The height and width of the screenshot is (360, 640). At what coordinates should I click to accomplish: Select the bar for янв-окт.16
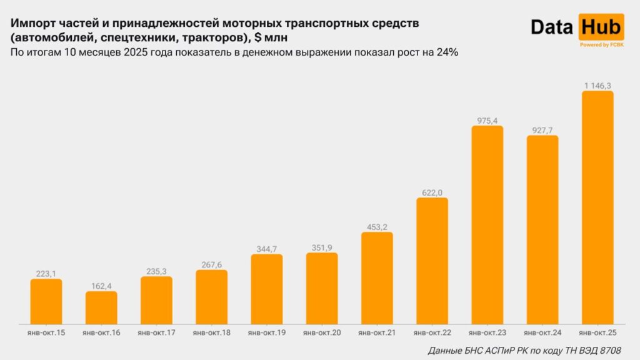[101, 307]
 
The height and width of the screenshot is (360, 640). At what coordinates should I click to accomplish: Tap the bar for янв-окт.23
[487, 225]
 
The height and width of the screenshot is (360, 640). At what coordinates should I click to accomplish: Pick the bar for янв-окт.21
[377, 278]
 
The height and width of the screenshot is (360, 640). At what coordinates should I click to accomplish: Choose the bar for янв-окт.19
[267, 289]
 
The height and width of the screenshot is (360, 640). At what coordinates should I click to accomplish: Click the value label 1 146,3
[597, 85]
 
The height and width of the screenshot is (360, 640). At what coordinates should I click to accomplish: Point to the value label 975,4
[487, 120]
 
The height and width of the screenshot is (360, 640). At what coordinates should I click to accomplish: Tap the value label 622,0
[432, 192]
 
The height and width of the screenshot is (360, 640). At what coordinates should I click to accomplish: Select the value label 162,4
[101, 286]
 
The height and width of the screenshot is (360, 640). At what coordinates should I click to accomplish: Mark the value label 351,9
[322, 247]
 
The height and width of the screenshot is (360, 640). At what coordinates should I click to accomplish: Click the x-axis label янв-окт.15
[46, 333]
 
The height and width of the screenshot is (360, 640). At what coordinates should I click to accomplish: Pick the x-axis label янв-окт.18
[212, 333]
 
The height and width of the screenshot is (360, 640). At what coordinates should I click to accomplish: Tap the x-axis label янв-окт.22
[432, 333]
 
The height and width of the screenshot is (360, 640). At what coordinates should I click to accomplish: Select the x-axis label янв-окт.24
[542, 333]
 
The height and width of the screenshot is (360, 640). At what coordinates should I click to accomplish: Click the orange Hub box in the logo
[601, 26]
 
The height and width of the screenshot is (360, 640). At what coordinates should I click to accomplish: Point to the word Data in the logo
[553, 27]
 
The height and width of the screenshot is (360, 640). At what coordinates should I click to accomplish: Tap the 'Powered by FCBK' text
[601, 44]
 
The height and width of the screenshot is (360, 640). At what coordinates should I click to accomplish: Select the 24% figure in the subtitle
[448, 52]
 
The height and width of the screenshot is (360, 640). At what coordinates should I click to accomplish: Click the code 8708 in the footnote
[609, 350]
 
